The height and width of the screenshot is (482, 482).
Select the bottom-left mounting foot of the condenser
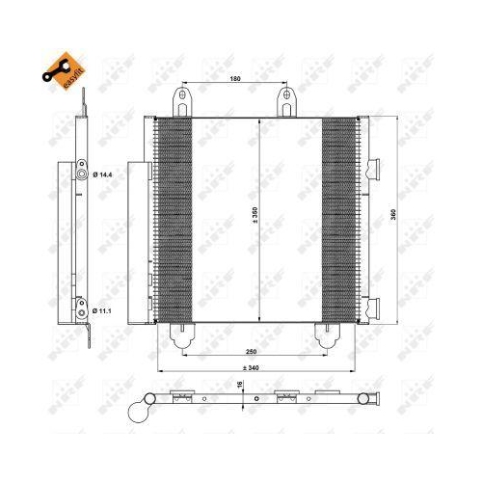182,332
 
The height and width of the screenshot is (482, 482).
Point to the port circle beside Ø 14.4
84,174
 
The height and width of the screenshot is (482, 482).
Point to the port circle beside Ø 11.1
84,310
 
